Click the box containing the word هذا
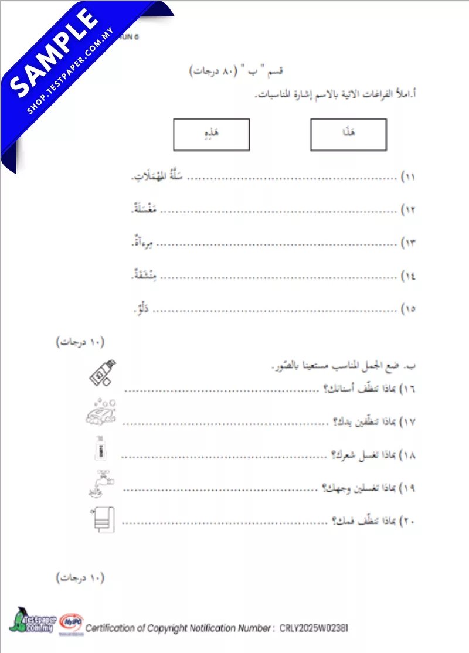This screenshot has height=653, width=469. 348,134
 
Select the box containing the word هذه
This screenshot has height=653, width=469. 211,134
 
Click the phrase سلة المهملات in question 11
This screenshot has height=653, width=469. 164,176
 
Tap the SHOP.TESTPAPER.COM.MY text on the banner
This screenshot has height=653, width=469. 73,73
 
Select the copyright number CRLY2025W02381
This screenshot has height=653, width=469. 314,628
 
